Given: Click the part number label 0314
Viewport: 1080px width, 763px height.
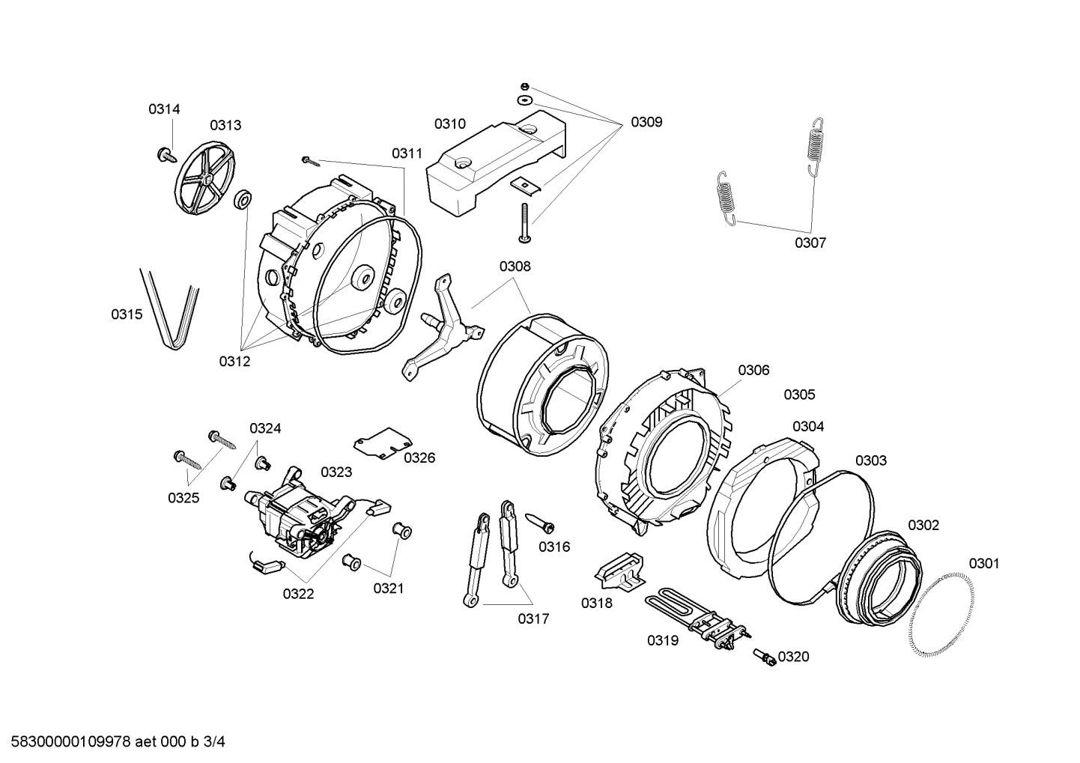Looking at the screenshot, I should coord(163,109).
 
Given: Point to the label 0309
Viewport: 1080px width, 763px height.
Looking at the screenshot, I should coord(646,122).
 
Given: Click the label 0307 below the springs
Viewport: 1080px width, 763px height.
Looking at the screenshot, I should coord(810,243).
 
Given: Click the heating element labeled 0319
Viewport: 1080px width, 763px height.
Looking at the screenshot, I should coord(693,617).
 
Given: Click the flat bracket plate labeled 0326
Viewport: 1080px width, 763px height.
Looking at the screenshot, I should coord(382,443).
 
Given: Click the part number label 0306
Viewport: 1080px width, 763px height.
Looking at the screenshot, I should coord(753,370).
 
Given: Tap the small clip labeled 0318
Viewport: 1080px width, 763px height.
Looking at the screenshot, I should coord(620,568).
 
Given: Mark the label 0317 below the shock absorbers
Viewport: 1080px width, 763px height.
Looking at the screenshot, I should coord(533,618).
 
